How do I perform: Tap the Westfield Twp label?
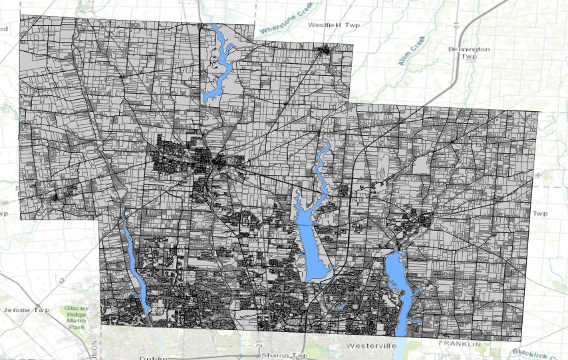pos(334,25)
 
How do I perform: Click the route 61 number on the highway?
pos(457,26)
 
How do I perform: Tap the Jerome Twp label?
pos(27,310)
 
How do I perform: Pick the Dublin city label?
pos(152,357)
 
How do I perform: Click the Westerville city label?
pos(371,347)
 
